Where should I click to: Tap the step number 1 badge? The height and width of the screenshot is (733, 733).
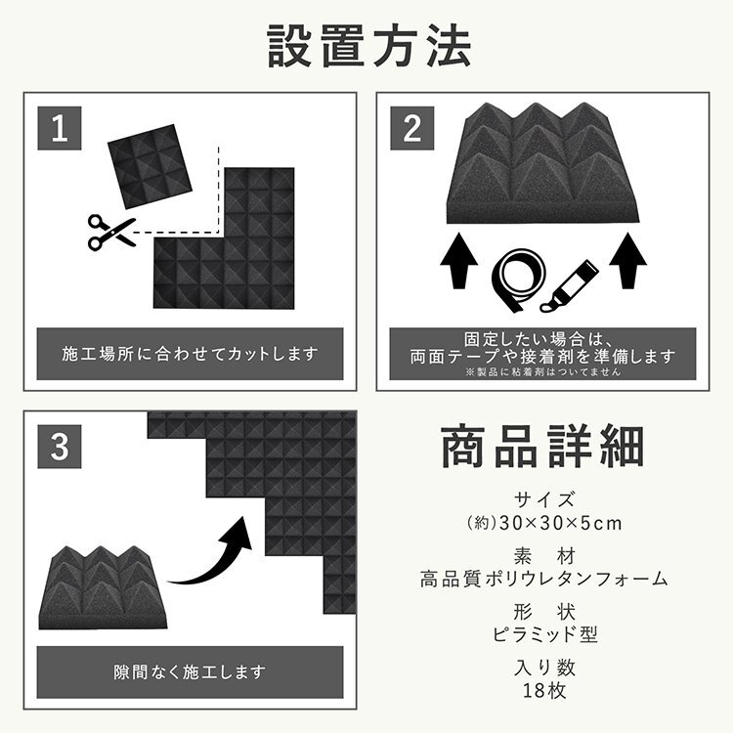point(61,127)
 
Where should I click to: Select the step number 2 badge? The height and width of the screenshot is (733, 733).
point(412,127)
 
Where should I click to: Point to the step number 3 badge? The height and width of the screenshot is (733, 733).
point(61,447)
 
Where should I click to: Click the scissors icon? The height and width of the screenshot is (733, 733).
point(110,231)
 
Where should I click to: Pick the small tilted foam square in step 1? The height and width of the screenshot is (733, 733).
point(146,160)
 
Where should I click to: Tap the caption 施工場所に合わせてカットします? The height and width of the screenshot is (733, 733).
point(191,353)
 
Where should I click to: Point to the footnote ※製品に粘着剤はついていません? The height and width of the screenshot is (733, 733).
point(542,372)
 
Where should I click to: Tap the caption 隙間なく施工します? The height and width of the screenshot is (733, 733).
point(191,672)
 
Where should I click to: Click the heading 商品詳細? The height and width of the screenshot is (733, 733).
point(542,446)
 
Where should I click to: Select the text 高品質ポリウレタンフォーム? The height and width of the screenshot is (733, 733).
point(542,579)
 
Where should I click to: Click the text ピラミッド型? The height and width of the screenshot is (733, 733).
point(542,634)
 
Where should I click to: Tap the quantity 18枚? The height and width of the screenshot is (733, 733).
point(542,690)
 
